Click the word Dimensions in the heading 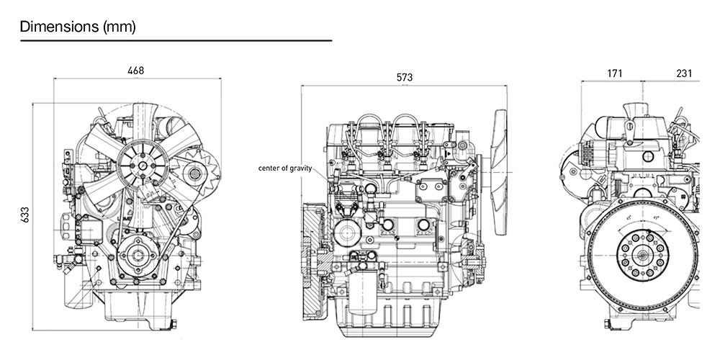[x=60, y=27]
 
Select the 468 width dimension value [x=135, y=71]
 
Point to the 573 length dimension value [x=405, y=77]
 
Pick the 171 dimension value [x=614, y=73]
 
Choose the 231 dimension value [x=684, y=73]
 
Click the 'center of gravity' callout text [x=285, y=168]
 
